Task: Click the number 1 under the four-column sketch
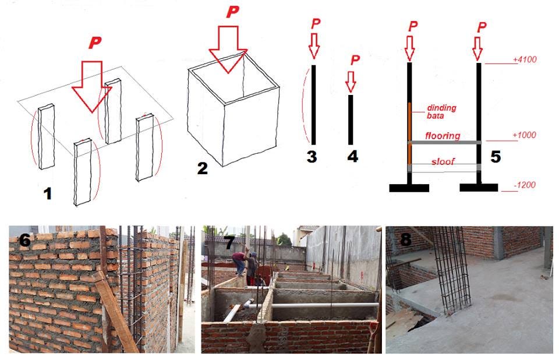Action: pyautogui.click(x=47, y=194)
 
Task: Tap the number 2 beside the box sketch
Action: pyautogui.click(x=202, y=168)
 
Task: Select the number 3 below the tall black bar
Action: pyautogui.click(x=312, y=157)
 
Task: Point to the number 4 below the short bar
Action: pyautogui.click(x=353, y=156)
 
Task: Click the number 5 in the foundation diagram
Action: pyautogui.click(x=496, y=157)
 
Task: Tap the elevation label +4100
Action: pyautogui.click(x=525, y=59)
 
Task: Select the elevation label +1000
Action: pyautogui.click(x=525, y=135)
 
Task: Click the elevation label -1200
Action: pyautogui.click(x=525, y=185)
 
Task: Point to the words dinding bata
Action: pyautogui.click(x=441, y=112)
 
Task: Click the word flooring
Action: pyautogui.click(x=443, y=136)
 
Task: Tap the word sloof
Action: pyautogui.click(x=443, y=161)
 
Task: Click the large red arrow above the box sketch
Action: pyautogui.click(x=228, y=50)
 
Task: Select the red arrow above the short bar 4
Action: pyautogui.click(x=351, y=82)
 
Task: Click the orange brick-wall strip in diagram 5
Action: pyautogui.click(x=409, y=133)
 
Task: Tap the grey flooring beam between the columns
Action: pyautogui.click(x=444, y=143)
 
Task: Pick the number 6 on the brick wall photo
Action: pyautogui.click(x=25, y=240)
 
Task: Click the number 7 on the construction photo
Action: pyautogui.click(x=229, y=242)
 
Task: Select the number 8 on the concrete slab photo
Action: pyautogui.click(x=405, y=239)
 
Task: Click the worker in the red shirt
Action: pyautogui.click(x=239, y=263)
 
